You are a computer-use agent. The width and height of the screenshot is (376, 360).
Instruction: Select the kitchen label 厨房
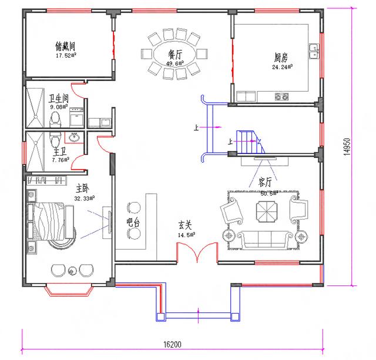click(x=280, y=58)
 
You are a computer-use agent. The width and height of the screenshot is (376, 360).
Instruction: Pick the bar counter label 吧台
click(x=133, y=223)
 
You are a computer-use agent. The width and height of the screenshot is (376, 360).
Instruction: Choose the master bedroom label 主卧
click(x=82, y=189)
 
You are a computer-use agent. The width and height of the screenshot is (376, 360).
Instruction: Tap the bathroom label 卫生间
click(x=59, y=99)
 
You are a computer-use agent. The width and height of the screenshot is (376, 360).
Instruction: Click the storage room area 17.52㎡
click(x=65, y=56)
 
